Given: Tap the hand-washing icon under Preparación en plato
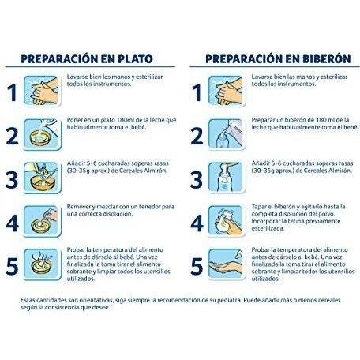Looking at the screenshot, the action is tap(42, 91).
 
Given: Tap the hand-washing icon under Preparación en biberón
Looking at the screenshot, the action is tap(227, 91).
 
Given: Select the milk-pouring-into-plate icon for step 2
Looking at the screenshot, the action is tap(42, 134).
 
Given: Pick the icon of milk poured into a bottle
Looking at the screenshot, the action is tap(227, 134).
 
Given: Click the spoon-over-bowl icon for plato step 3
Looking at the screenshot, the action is tap(42, 178).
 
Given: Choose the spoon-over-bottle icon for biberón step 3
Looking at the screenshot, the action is tap(227, 178).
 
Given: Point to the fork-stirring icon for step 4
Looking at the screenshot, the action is tap(42, 221).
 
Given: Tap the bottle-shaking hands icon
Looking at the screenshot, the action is tap(227, 221).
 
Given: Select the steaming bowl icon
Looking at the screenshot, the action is tap(42, 264).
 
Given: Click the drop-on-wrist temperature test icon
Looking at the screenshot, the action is tap(227, 264).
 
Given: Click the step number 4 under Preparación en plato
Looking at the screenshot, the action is tap(13, 223).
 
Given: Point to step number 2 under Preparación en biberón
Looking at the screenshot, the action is tap(197, 137).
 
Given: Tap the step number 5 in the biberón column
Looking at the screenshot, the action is tap(197, 267).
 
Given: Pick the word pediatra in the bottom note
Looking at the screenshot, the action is tap(230, 300).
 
